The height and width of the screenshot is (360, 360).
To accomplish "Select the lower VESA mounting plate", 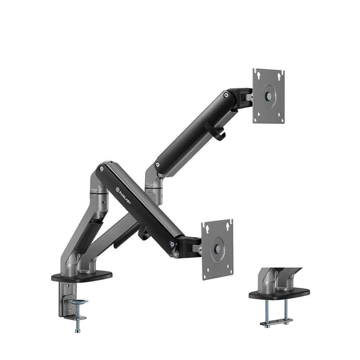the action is click(217, 249).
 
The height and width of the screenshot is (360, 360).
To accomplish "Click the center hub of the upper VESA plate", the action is click(269, 96).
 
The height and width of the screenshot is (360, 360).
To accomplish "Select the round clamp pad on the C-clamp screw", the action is click(78, 301).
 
